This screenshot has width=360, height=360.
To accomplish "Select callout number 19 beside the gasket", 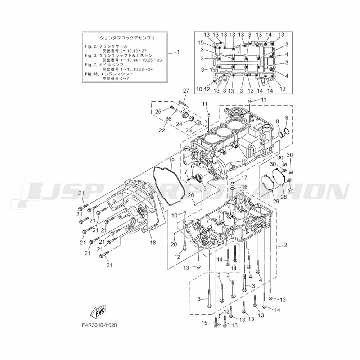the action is [x=172, y=160].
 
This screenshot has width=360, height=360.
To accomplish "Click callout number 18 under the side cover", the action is [x=153, y=243].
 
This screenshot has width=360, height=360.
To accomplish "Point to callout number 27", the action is [x=186, y=90].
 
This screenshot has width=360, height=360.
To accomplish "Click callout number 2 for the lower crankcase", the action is [x=285, y=245].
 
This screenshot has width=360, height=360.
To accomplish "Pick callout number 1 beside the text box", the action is [x=178, y=52].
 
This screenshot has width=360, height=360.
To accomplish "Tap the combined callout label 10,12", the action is [x=203, y=89].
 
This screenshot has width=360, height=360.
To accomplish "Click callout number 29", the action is [x=276, y=201].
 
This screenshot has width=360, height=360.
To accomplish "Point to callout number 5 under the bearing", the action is [x=205, y=188].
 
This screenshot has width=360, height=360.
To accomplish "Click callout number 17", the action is [x=244, y=177].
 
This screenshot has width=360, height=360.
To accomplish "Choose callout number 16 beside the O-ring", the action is [x=244, y=187].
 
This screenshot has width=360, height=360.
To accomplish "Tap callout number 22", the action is [x=162, y=130].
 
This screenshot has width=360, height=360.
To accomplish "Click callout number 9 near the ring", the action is [x=287, y=117].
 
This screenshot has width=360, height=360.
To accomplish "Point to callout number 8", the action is [x=277, y=121].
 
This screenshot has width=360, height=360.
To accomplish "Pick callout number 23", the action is [x=189, y=130].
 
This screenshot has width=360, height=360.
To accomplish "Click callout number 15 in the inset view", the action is [x=201, y=43].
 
